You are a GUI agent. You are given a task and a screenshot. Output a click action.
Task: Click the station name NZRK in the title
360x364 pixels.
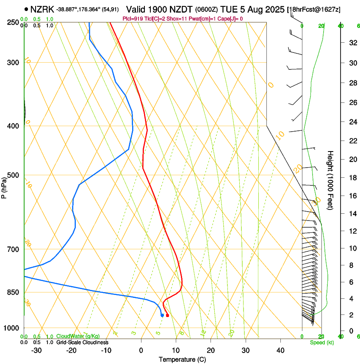(42, 8)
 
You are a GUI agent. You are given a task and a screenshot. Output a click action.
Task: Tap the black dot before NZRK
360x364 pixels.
(27, 8)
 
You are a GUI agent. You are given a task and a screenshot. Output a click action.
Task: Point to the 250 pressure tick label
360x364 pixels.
(13, 22)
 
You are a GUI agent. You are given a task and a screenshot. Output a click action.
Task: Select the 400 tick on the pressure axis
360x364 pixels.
(13, 126)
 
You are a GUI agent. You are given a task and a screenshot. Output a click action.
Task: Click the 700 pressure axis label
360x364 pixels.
(13, 249)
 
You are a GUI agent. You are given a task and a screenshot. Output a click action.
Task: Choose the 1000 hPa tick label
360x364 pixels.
(11, 328)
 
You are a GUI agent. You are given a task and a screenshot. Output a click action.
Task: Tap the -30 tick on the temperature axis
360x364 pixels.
(37, 350)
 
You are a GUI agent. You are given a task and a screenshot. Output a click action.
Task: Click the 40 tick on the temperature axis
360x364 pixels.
(280, 350)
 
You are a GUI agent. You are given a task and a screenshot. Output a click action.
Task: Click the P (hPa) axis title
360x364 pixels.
(4, 186)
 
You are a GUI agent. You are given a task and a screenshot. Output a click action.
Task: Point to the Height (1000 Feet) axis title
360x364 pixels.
(331, 180)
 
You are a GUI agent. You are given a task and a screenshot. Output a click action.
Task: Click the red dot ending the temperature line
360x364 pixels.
(167, 315)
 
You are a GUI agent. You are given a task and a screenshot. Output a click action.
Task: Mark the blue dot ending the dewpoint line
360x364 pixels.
(162, 315)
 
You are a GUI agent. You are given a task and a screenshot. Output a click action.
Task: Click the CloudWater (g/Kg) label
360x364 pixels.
(78, 336)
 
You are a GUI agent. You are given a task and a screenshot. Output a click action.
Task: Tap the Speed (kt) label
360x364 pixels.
(321, 342)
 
